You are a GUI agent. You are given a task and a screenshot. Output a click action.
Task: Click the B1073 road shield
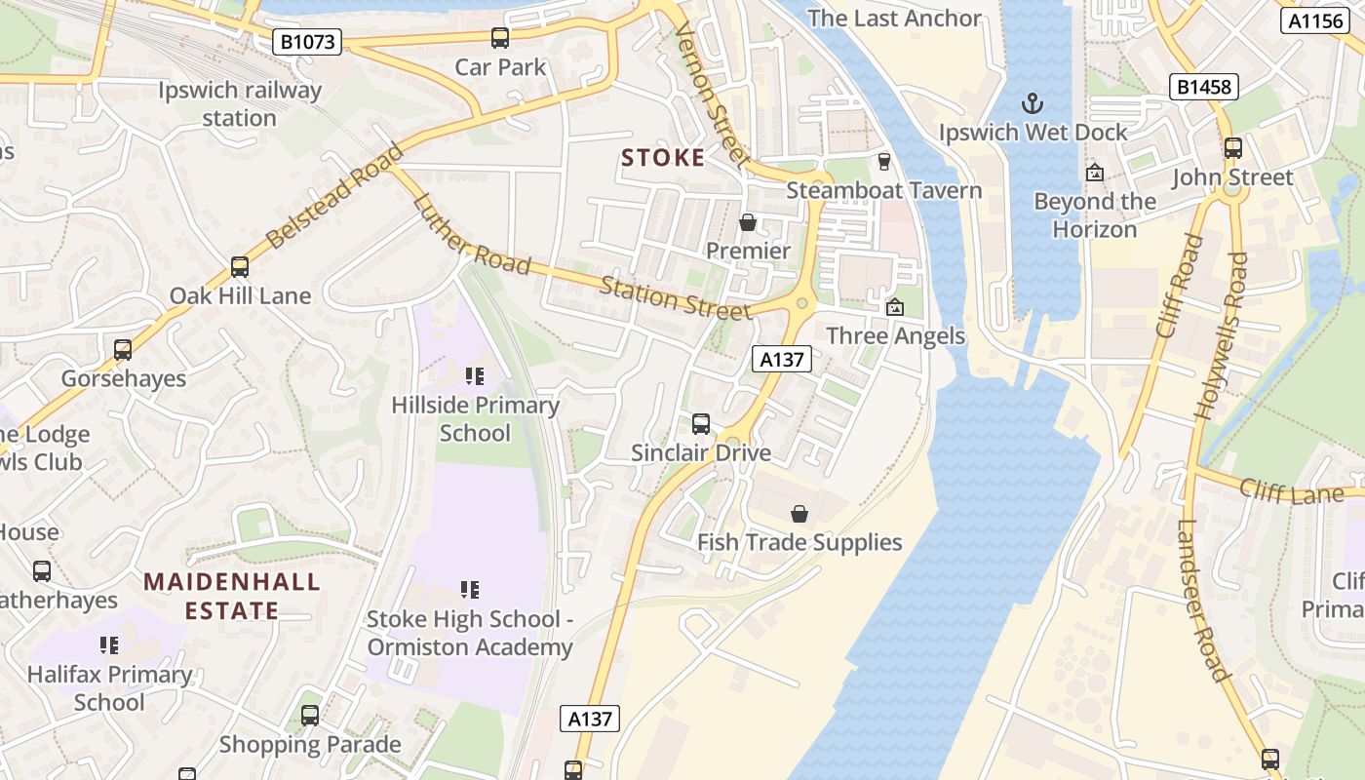[306, 41]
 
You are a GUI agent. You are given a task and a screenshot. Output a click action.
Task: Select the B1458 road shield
[1204, 87]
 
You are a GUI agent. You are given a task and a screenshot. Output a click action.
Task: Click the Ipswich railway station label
[240, 104]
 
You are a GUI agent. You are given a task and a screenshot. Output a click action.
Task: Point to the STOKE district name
[663, 158]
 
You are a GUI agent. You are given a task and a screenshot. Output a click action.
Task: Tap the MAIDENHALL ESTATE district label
[232, 597]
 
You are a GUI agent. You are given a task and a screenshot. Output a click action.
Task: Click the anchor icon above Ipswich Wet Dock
[1032, 102]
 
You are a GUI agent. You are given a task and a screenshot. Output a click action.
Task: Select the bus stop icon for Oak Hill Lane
[240, 266]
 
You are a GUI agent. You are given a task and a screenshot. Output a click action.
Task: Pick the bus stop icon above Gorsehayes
[123, 349]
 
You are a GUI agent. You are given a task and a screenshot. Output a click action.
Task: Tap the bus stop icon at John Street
[1233, 148]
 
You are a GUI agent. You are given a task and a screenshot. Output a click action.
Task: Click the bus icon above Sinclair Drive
[701, 423]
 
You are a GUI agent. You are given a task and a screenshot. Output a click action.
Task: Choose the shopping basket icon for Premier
[748, 222]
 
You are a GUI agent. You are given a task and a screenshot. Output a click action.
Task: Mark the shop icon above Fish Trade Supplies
[799, 513]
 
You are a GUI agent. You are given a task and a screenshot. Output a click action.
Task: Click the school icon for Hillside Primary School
[475, 376]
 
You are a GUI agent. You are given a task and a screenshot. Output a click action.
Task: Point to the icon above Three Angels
[894, 307]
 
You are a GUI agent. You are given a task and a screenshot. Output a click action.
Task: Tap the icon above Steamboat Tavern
[884, 161]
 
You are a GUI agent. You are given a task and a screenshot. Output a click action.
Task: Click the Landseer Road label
[1201, 600]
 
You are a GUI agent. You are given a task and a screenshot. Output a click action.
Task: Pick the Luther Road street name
[471, 235]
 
